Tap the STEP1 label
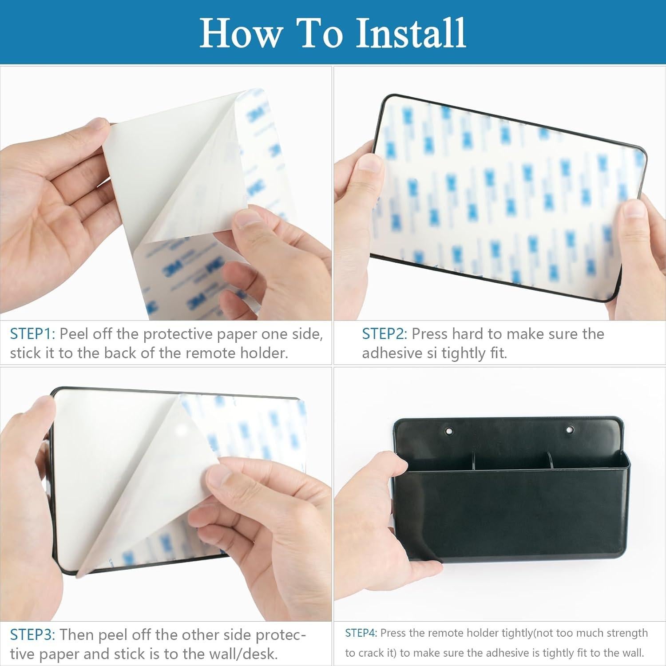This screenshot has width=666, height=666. pos(32,333)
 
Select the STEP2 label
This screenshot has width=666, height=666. pos(385,333)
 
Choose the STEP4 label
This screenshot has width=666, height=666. pos(361,633)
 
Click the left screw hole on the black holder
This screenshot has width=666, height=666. pos(448,431)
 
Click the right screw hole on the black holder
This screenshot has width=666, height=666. pos(570,429)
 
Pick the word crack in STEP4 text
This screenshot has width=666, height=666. pos(376,653)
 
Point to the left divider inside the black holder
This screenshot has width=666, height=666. pos(473,460)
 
